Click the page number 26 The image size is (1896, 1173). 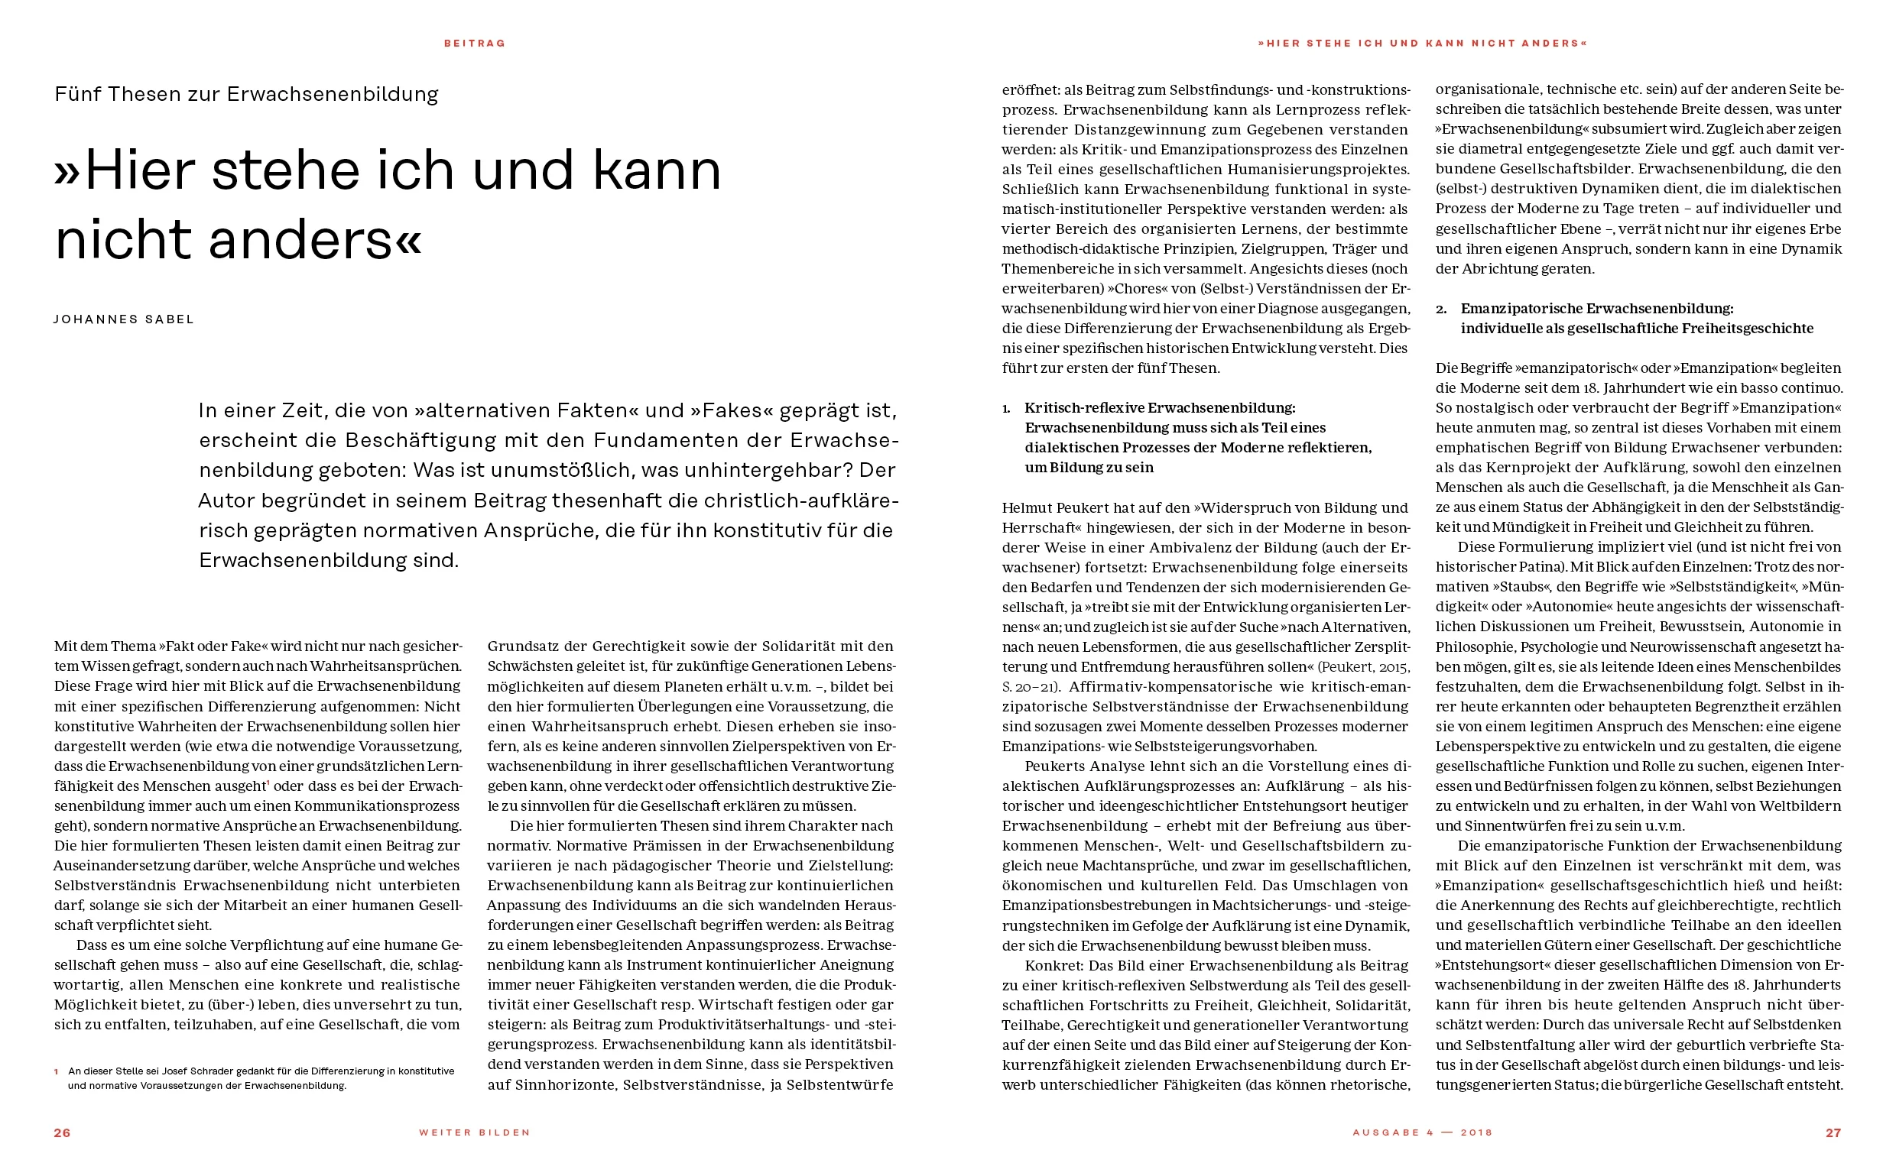62,1132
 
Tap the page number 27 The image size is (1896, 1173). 1833,1132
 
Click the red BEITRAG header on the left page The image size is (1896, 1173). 475,44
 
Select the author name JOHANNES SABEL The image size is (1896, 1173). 124,319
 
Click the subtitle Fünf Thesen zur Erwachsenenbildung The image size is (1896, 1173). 246,94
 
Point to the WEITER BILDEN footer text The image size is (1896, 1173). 475,1132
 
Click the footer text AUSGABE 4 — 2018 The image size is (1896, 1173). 1423,1132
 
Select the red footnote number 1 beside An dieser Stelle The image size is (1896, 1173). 57,1071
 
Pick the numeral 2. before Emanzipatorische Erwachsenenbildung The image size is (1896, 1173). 1441,309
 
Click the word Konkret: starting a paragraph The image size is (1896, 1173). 1054,966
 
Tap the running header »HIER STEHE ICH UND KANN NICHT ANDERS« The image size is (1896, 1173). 1423,44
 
